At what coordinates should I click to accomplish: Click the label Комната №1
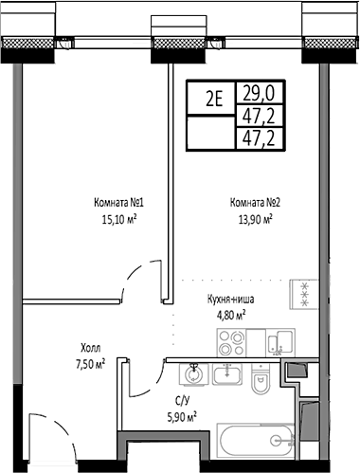118,202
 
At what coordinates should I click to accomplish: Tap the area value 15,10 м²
118,217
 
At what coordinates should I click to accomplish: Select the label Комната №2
253,202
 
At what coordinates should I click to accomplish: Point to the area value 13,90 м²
253,217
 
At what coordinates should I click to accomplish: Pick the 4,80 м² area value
227,313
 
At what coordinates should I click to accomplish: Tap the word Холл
91,348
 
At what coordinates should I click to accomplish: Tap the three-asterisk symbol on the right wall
305,295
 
